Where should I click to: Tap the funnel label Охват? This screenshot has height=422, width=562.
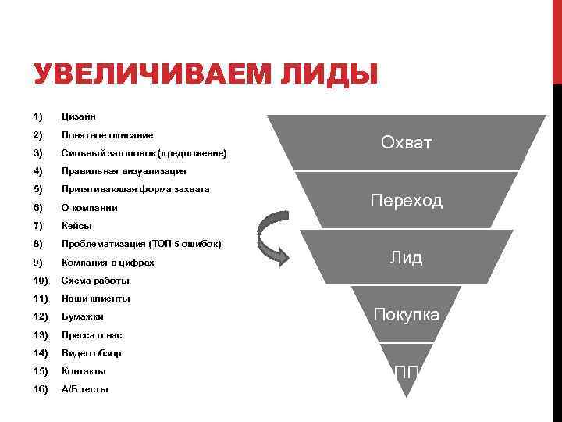point(406,142)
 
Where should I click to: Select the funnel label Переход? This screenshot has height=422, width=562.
point(406,200)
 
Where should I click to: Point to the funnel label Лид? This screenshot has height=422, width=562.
point(406,258)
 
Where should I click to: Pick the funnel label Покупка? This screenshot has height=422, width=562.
point(406,315)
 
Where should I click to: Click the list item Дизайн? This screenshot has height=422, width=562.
point(79,116)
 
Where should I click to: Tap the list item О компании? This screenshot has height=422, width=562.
point(90,208)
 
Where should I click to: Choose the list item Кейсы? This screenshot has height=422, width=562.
point(76,226)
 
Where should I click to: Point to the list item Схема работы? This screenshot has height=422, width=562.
point(95,280)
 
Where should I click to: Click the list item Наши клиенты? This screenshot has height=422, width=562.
point(95,299)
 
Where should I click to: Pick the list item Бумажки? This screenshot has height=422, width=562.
point(82,316)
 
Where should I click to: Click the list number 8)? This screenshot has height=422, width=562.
point(38,244)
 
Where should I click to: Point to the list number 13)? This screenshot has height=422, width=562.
point(41,335)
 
